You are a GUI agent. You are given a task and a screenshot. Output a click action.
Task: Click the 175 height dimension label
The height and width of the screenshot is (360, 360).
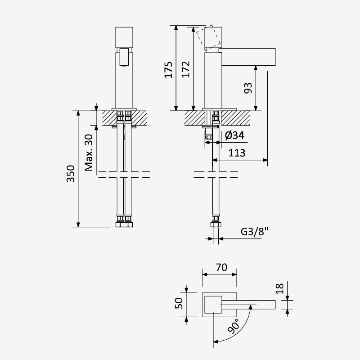[x=168, y=70]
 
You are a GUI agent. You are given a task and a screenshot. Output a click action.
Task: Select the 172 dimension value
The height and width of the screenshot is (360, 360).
[x=186, y=69]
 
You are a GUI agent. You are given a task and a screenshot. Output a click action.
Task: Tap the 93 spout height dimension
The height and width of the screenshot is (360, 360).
[x=248, y=88]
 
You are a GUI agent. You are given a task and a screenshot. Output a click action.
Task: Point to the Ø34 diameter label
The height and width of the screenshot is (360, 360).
[x=234, y=135]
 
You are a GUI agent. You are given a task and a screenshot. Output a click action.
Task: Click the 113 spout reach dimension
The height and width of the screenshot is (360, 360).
[x=237, y=153]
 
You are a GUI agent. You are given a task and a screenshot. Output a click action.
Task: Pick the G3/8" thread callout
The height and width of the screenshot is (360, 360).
[x=254, y=231]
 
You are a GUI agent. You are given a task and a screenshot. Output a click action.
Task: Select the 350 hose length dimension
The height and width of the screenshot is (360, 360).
[x=71, y=174]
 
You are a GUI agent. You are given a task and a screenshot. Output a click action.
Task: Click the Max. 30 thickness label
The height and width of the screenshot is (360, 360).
[x=89, y=153]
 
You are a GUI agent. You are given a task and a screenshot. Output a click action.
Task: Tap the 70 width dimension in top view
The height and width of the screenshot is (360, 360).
[x=221, y=267]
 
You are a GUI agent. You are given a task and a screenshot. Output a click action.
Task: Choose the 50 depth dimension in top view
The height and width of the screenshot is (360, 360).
[x=179, y=303]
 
